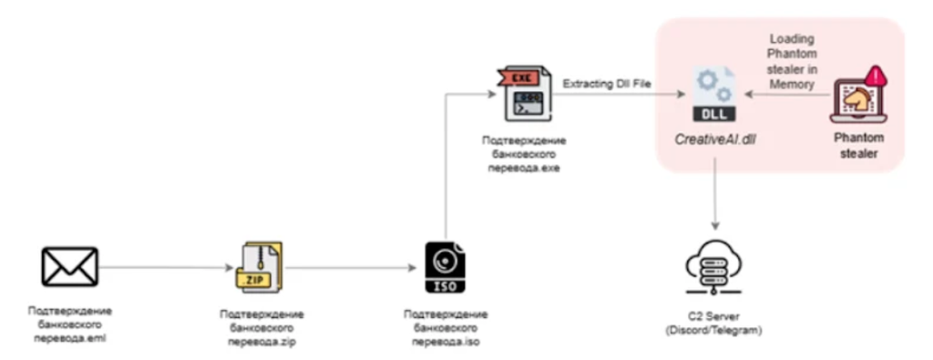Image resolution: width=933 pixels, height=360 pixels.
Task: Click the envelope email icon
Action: tap(69, 267)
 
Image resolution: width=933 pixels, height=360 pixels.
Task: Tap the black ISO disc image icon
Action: tap(446, 270)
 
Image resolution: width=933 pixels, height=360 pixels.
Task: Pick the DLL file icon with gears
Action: tap(713, 93)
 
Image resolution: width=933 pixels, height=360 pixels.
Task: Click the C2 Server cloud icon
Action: tap(713, 265)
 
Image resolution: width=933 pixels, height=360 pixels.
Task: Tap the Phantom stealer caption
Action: tap(859, 148)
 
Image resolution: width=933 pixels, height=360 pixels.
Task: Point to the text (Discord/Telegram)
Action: tap(713, 329)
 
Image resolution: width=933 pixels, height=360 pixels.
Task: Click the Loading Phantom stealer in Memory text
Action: tap(792, 61)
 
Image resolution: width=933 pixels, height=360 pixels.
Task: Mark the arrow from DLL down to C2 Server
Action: tap(713, 196)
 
